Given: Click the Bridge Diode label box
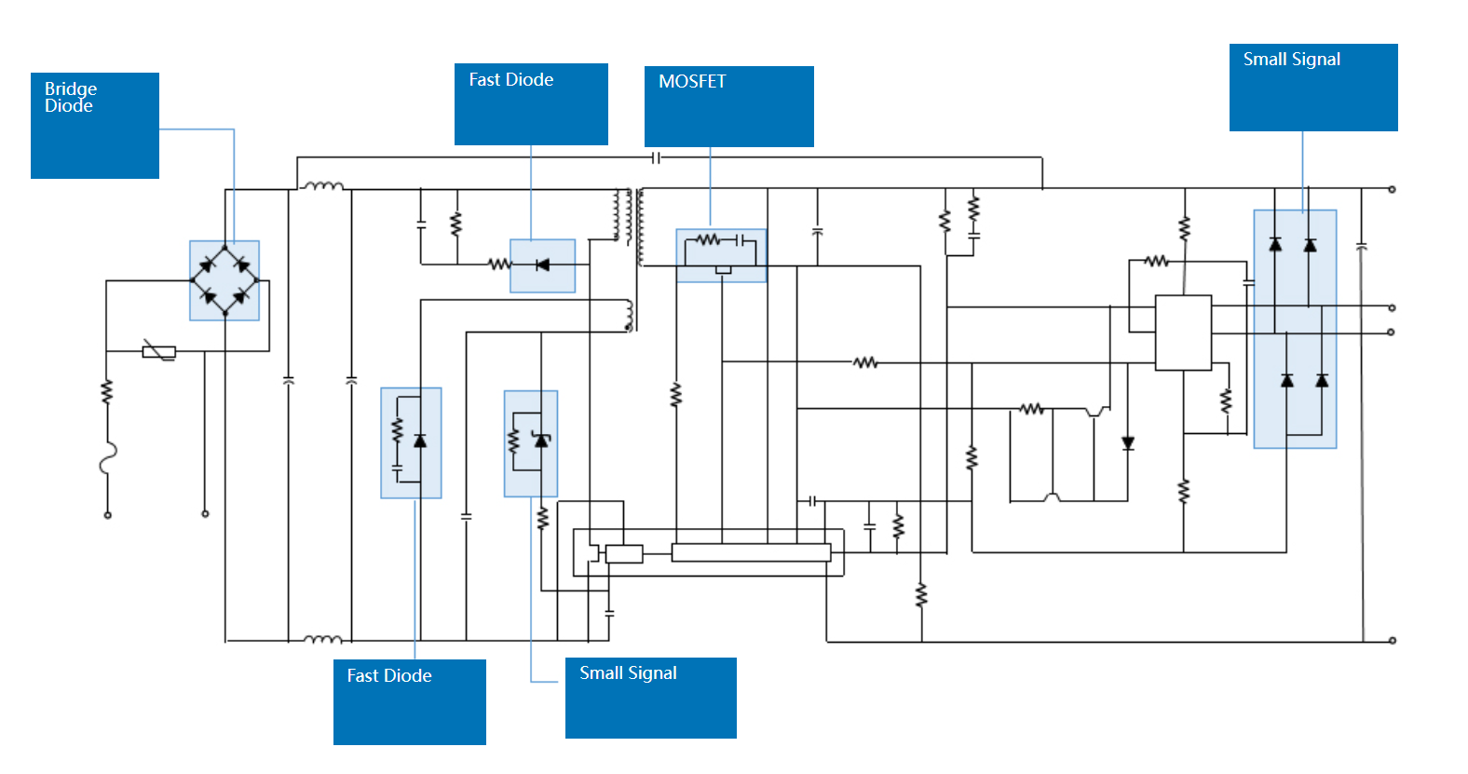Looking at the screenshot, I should coord(94,125).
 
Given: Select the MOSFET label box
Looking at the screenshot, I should coord(728,106).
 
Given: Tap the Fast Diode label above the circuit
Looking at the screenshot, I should coord(531,103).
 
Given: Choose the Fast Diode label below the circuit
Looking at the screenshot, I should coord(409,701).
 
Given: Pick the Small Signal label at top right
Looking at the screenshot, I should coord(1312,87).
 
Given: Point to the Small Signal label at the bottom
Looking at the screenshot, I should coord(650,698).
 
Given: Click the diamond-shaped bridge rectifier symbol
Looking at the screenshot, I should coord(224,279).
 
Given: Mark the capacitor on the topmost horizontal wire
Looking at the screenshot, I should coord(657,158).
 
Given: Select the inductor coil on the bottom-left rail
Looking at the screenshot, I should coord(323,639).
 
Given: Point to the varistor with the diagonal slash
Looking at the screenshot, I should coord(159,351).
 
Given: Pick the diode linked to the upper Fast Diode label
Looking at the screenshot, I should coord(542,265).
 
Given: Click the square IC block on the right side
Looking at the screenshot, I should coord(1183,333).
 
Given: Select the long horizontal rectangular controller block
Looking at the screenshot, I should coord(751,552).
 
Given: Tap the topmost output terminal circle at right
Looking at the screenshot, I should coord(1392,189).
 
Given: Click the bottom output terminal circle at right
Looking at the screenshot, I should coord(1392,641).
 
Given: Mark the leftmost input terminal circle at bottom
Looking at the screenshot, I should coord(108,515).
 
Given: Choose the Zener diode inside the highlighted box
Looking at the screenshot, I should coord(540,440).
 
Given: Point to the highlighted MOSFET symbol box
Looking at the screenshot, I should coord(721,255).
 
